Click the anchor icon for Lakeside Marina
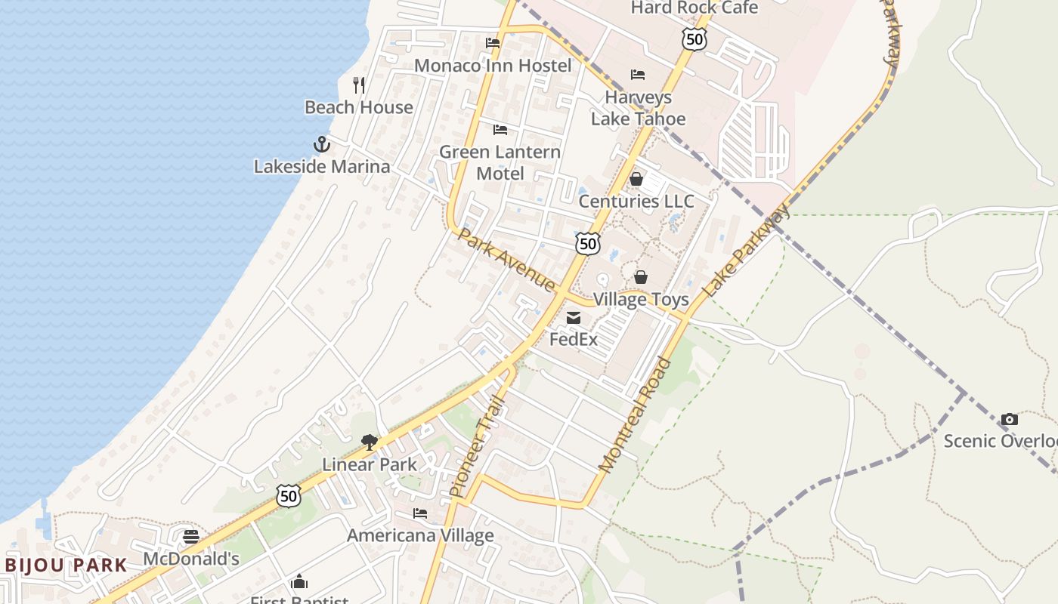[322, 143]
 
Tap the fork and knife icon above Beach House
[359, 85]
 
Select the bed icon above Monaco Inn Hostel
[493, 43]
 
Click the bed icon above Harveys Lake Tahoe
[638, 75]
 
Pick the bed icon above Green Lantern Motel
[500, 130]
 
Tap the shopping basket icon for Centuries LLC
[636, 179]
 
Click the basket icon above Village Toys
[641, 277]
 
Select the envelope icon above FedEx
[574, 318]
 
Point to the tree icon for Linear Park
[369, 442]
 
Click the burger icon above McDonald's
[191, 537]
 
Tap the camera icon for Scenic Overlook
[1009, 419]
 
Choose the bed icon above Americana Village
[420, 513]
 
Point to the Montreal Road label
[635, 415]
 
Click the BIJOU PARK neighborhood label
[67, 565]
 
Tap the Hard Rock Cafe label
[695, 8]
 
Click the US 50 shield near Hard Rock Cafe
[694, 39]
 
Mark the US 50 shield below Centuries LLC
[588, 243]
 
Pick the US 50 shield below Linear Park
[288, 496]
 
